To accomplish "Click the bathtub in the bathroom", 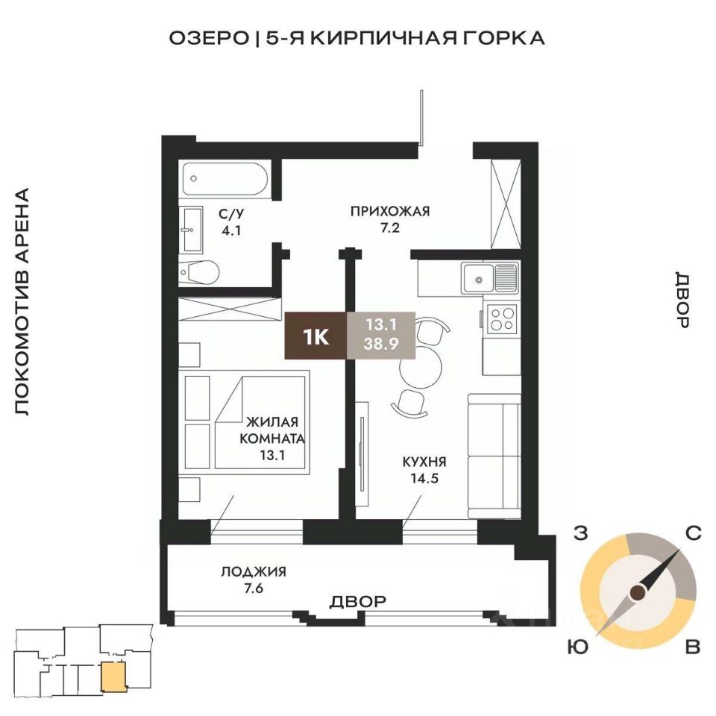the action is click(225, 179).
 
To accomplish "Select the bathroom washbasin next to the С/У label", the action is click(192, 229).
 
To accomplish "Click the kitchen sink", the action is click(490, 278).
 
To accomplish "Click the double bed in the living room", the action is click(260, 422).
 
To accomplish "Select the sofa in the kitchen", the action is click(494, 456).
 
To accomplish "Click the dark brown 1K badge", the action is click(315, 336).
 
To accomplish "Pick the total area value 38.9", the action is click(381, 344).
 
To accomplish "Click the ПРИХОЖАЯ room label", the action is click(390, 211).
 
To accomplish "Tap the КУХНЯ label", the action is click(424, 462).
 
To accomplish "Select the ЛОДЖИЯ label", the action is click(254, 572).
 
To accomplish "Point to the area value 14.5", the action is click(424, 479).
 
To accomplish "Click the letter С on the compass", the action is click(693, 533).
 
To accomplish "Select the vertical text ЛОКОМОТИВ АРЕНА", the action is click(22, 301).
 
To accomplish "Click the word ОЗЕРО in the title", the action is click(208, 38).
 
